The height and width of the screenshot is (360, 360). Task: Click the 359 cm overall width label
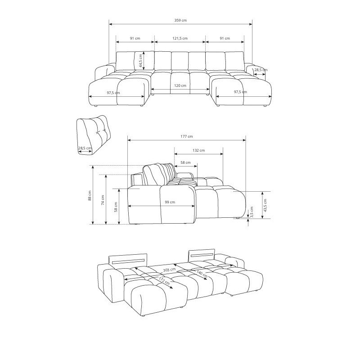click(180, 20)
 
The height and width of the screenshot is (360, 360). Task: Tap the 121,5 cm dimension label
click(180, 38)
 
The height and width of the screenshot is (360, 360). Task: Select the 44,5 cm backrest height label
click(141, 61)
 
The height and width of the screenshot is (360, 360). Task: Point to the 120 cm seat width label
click(180, 85)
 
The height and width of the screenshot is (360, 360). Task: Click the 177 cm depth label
click(186, 136)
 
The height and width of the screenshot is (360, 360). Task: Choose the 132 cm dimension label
click(198, 150)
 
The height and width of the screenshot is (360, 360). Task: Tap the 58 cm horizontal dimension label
click(185, 162)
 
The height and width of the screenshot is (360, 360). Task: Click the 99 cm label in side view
click(170, 202)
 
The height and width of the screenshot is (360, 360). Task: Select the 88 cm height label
click(90, 195)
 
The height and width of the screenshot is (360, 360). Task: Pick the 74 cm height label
click(103, 200)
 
